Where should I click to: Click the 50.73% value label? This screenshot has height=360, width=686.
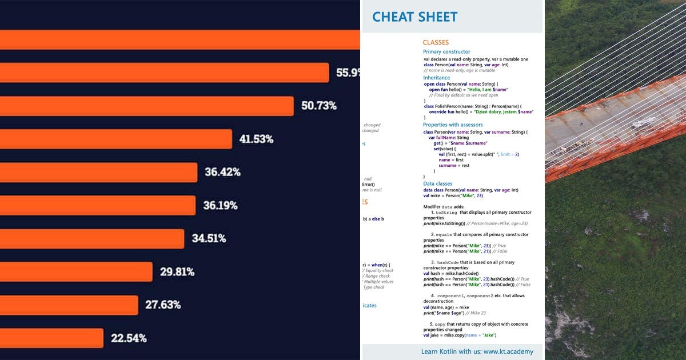click(x=318, y=106)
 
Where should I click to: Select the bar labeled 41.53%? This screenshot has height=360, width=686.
click(x=114, y=139)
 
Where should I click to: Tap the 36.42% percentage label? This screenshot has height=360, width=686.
click(x=222, y=172)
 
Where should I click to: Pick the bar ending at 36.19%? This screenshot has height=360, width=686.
click(x=97, y=205)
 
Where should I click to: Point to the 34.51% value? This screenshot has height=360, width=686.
click(x=209, y=238)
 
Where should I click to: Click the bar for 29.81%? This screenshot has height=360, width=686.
click(x=74, y=271)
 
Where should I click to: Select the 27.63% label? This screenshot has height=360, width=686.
click(x=163, y=305)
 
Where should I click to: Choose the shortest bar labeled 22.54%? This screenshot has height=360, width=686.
click(x=51, y=338)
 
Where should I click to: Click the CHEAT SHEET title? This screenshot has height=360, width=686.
click(x=414, y=17)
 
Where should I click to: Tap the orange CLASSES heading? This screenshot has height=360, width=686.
click(x=436, y=42)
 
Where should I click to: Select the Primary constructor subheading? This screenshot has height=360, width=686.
click(x=446, y=52)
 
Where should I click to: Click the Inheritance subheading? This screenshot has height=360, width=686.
click(x=436, y=78)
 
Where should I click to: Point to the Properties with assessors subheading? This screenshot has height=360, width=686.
click(x=453, y=125)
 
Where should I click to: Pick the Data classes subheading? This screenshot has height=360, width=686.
click(x=437, y=184)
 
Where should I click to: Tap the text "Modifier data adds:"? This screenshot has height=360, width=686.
click(x=444, y=206)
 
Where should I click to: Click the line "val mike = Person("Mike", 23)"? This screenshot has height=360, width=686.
click(x=453, y=195)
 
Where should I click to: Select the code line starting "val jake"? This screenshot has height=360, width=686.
click(x=460, y=335)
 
